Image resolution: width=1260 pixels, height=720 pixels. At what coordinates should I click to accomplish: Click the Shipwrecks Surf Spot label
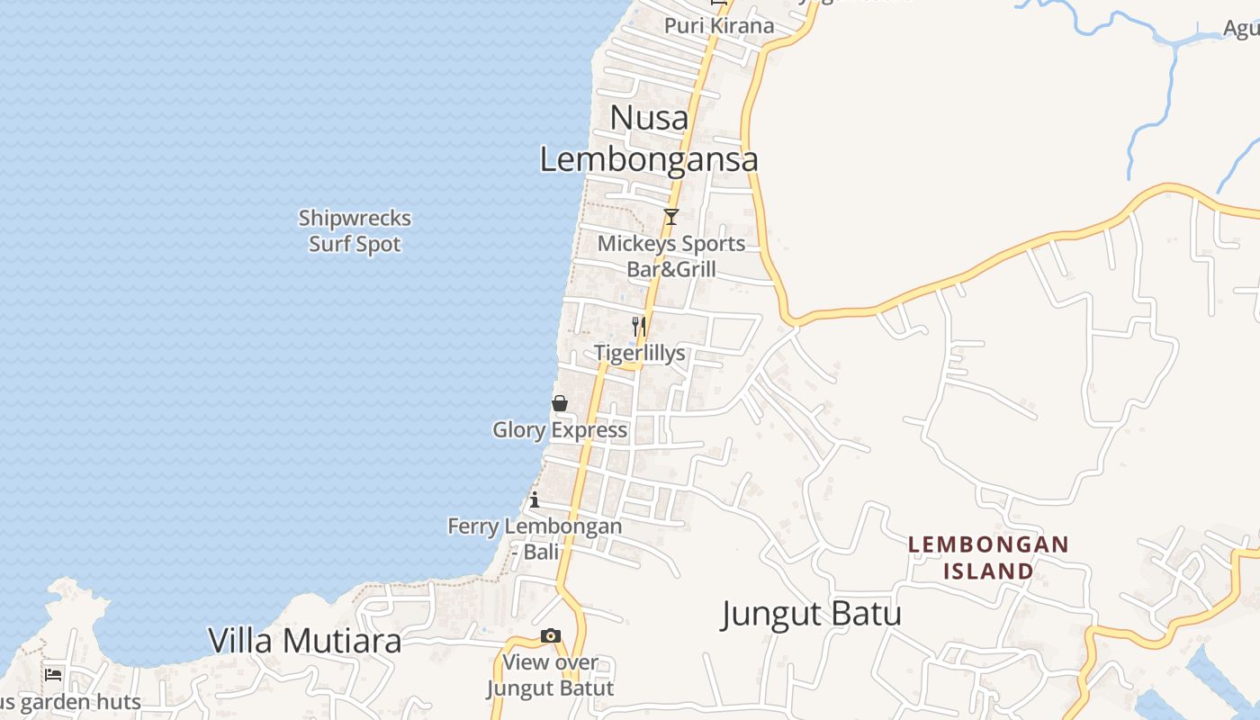click(355, 231)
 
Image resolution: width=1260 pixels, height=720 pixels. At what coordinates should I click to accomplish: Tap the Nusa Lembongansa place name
click(649, 138)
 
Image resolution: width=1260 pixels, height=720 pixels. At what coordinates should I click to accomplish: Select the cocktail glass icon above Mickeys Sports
click(670, 217)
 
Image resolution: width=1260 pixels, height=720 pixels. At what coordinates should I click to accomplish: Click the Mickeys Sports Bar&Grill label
click(671, 256)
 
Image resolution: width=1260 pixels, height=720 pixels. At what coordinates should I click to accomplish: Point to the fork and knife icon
click(639, 326)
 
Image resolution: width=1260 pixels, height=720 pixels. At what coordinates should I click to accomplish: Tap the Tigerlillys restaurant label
click(639, 354)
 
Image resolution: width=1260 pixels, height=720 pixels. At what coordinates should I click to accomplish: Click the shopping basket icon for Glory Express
click(560, 403)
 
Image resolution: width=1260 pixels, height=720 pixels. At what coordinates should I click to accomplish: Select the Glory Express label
click(560, 430)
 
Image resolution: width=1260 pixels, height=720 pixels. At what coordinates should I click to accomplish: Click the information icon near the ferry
click(535, 499)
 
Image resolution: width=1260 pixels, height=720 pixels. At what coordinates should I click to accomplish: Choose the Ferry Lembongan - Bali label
click(535, 538)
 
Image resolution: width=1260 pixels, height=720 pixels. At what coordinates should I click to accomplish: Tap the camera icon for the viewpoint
click(551, 636)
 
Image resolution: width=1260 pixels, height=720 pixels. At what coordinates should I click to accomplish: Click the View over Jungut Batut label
click(550, 676)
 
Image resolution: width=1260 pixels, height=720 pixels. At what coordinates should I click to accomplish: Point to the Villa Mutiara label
click(304, 641)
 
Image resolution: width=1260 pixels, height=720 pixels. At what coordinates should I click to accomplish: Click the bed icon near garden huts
click(54, 674)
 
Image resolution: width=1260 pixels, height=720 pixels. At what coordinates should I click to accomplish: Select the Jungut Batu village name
click(811, 615)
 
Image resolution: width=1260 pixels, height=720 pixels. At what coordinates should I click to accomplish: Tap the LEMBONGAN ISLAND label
click(988, 558)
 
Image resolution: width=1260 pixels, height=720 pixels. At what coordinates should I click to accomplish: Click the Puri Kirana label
click(719, 25)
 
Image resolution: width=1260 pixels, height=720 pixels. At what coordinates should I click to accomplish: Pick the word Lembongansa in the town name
click(649, 159)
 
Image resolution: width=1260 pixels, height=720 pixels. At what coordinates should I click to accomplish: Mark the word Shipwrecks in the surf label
click(355, 219)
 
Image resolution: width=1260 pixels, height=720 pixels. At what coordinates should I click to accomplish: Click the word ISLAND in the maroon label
click(988, 571)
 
